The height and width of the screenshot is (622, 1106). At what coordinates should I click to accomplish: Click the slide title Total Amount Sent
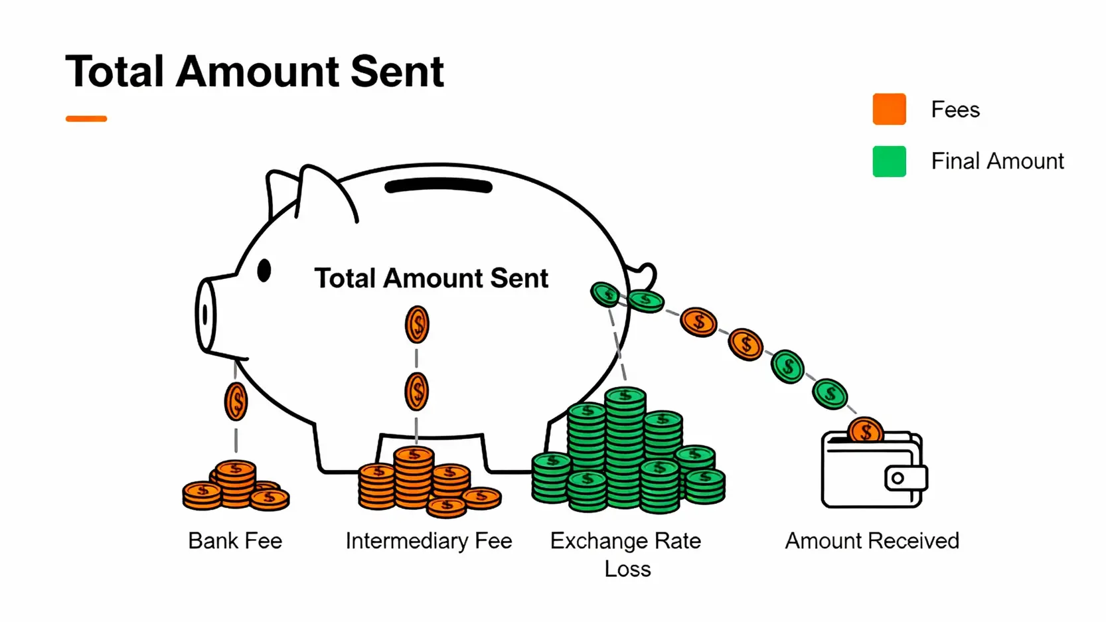pyautogui.click(x=254, y=71)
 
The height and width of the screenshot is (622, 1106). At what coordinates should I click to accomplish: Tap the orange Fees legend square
pyautogui.click(x=889, y=110)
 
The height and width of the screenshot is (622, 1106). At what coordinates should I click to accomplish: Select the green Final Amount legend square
pyautogui.click(x=889, y=161)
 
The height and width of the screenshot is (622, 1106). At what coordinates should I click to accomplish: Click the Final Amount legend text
pyautogui.click(x=996, y=161)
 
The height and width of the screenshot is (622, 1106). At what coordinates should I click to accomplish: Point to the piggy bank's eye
pyautogui.click(x=264, y=270)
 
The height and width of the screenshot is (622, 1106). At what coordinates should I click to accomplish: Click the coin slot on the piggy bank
pyautogui.click(x=438, y=187)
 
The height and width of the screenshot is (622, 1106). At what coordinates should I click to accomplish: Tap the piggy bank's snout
pyautogui.click(x=206, y=315)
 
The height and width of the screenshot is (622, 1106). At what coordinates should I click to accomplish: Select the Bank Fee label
pyautogui.click(x=235, y=541)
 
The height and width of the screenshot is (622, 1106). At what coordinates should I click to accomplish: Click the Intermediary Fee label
pyautogui.click(x=429, y=541)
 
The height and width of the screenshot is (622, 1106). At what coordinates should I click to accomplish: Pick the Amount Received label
pyautogui.click(x=872, y=541)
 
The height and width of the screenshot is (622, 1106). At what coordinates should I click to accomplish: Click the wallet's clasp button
pyautogui.click(x=898, y=478)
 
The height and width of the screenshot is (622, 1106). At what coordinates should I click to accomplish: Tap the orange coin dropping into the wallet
pyautogui.click(x=866, y=431)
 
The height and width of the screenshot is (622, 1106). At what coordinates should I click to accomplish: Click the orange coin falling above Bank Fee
pyautogui.click(x=236, y=402)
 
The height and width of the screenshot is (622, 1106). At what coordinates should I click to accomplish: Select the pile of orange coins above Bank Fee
pyautogui.click(x=236, y=487)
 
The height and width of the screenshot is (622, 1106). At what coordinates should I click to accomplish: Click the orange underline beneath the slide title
pyautogui.click(x=86, y=119)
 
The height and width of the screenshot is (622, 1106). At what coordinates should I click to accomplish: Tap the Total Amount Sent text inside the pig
pyautogui.click(x=431, y=278)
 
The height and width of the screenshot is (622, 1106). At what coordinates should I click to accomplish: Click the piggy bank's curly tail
pyautogui.click(x=645, y=273)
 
